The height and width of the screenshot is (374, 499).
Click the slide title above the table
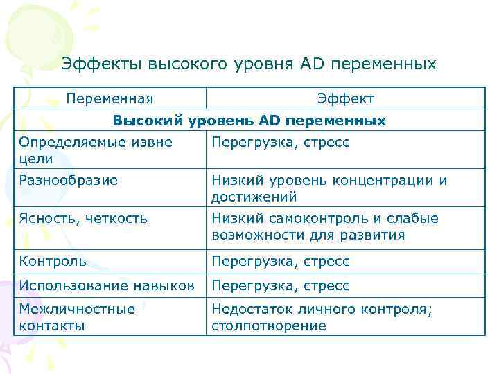249,64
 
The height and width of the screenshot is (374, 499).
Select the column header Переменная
110,98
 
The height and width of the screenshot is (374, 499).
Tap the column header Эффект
345,98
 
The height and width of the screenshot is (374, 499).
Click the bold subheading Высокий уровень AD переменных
249,121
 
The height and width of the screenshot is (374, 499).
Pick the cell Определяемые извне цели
96,150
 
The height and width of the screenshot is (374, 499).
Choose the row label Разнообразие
69,180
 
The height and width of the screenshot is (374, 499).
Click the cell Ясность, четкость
83,218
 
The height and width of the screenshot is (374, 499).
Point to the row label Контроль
53,261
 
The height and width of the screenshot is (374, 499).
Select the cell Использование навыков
107,285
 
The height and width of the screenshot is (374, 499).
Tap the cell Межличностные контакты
77,317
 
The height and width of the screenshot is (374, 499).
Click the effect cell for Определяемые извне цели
281,142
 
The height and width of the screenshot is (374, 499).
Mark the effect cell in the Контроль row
281,261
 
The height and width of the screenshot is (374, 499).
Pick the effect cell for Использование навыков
281,285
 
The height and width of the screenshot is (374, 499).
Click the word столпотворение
268,326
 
